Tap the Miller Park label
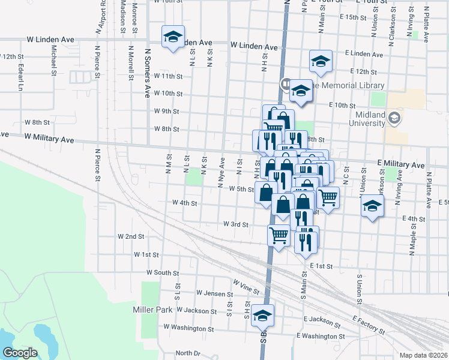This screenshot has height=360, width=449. (153, 310)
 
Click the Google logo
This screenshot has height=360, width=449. (20, 352)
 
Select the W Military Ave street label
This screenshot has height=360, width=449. (50, 139)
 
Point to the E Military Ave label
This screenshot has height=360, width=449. (400, 164)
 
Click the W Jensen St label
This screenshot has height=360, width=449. (214, 293)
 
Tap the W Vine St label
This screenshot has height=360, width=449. (246, 286)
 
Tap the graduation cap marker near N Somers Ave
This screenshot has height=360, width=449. (173, 37)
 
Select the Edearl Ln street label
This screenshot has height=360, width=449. (21, 77)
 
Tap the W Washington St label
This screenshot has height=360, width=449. (184, 329)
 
